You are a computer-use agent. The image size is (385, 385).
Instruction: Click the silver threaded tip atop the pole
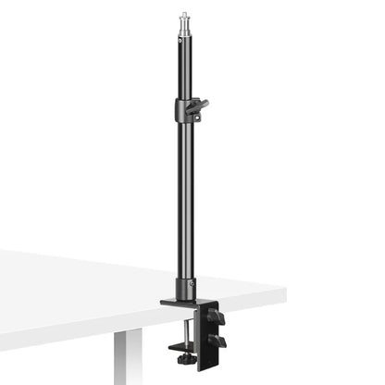183,16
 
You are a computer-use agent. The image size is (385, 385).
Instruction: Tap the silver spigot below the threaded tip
183,30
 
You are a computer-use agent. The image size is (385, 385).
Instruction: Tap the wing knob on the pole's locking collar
198,107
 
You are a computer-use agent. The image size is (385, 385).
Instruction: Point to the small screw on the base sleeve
192,283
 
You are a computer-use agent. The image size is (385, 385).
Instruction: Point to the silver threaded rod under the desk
191,342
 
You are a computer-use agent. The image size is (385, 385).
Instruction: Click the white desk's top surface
93,278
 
